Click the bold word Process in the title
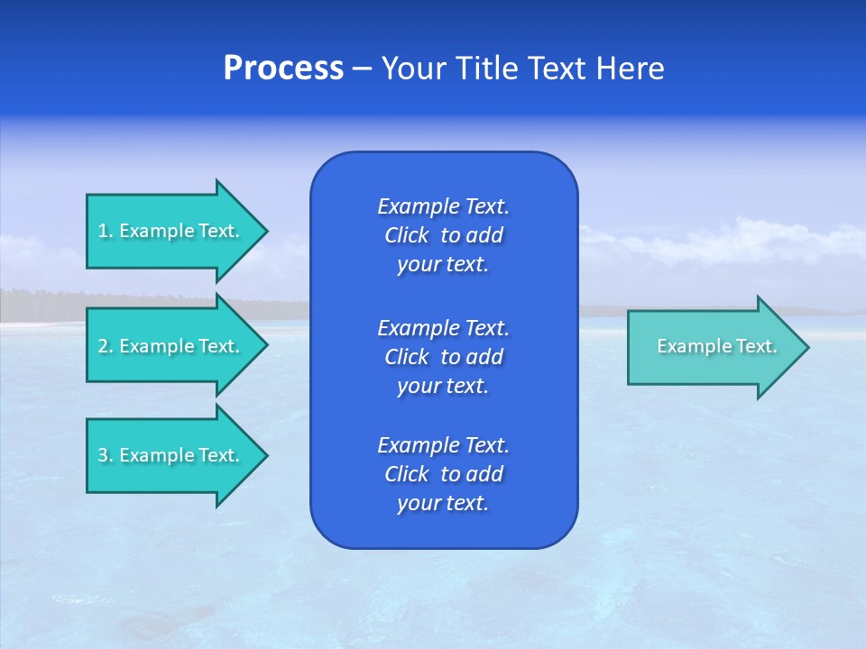(283, 69)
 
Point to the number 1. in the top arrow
(106, 231)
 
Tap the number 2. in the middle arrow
(106, 346)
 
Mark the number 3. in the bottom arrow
(106, 455)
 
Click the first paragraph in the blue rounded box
(444, 235)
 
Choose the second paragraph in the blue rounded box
(444, 357)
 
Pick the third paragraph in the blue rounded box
(444, 474)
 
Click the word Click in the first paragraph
(406, 235)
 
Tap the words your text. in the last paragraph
(443, 503)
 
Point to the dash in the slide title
(363, 69)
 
